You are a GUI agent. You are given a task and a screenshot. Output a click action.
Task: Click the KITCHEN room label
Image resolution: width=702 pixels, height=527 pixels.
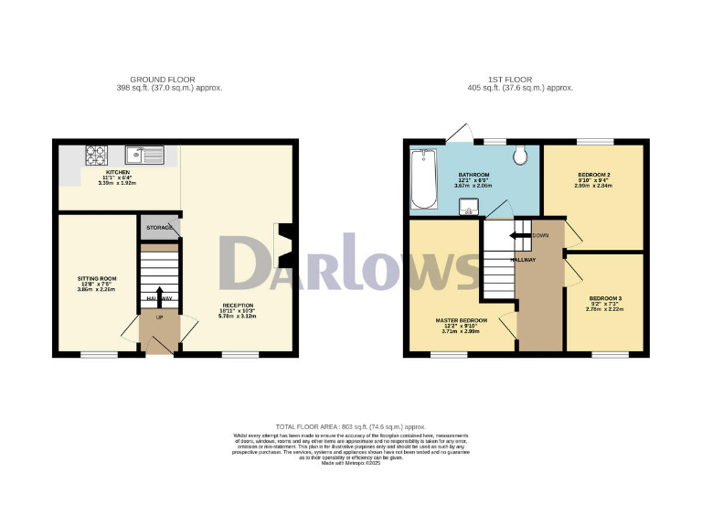click(117, 172)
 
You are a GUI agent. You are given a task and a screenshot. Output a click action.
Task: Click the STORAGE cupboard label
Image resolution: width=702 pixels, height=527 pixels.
click(158, 227)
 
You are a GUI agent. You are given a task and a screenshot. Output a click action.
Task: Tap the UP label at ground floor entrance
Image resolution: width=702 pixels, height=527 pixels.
click(159, 317)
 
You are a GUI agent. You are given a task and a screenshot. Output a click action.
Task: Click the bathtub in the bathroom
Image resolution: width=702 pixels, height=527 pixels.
click(423, 179)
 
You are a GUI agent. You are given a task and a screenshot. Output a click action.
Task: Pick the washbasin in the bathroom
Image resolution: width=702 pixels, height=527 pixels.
click(472, 207)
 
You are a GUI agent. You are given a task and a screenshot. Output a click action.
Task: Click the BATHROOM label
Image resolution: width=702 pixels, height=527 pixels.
click(473, 175)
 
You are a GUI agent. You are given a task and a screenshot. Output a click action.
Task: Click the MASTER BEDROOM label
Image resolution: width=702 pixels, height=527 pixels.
click(461, 320)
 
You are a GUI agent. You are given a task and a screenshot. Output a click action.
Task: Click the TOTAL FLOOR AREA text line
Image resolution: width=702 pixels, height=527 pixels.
click(350, 427)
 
